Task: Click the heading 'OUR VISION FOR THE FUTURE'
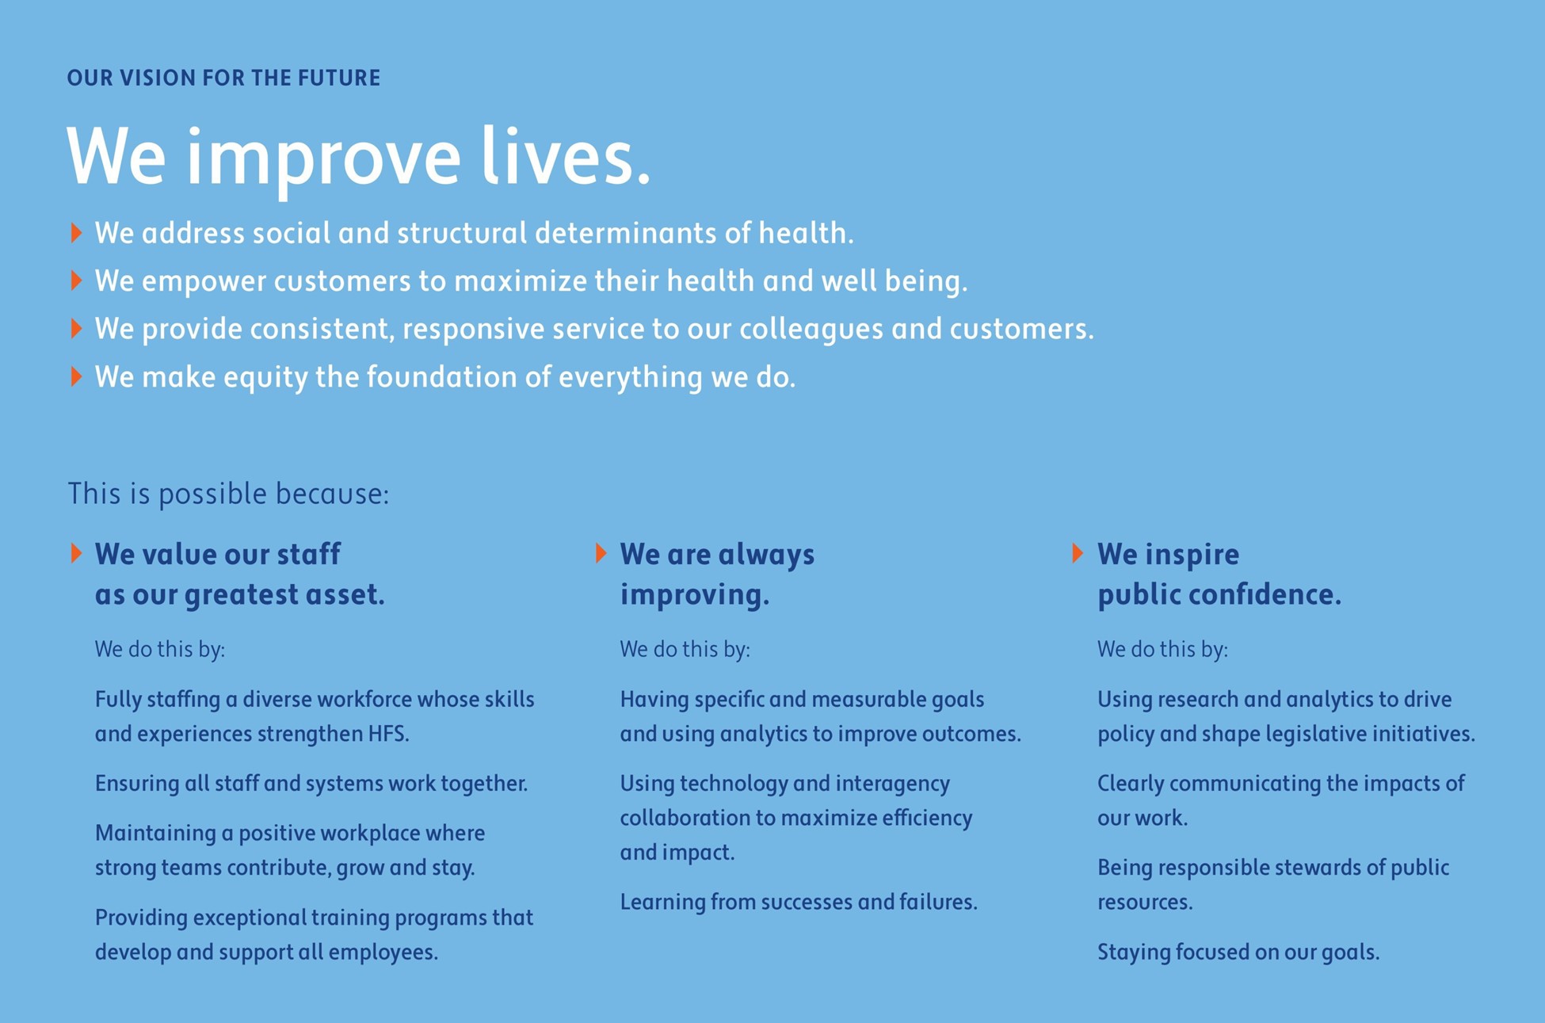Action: (x=223, y=78)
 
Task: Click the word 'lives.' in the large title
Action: (x=566, y=156)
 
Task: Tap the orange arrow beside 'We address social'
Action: (x=76, y=232)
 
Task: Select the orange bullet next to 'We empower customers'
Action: (x=76, y=281)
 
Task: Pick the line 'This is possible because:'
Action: (x=228, y=494)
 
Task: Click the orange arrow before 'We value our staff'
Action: (x=76, y=553)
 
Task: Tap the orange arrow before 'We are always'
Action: (x=601, y=553)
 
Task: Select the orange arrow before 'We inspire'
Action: (x=1078, y=553)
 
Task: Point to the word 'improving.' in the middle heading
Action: (x=694, y=595)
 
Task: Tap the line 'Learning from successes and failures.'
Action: (x=799, y=902)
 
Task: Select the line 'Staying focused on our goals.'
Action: (x=1238, y=952)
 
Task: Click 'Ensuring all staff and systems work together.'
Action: (x=311, y=784)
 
